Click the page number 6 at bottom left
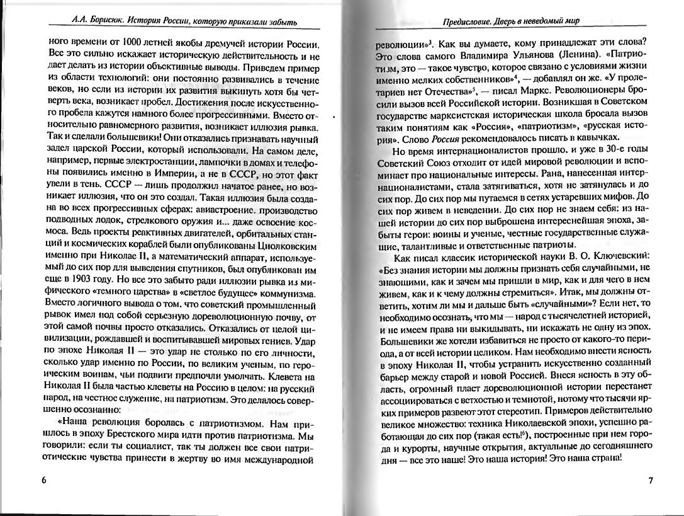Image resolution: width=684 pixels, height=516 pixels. (x=44, y=481)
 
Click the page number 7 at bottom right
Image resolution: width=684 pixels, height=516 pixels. (x=651, y=481)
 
